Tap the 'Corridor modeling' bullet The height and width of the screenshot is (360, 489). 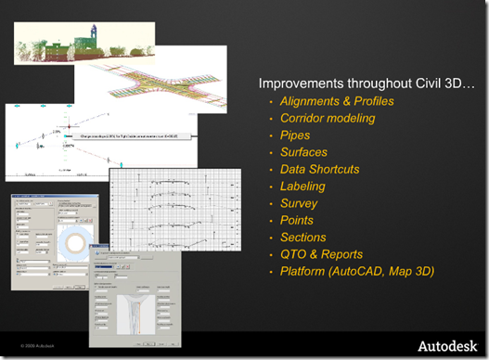(x=328, y=119)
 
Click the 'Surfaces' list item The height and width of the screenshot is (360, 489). (x=303, y=152)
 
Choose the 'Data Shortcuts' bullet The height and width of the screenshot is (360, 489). (x=319, y=170)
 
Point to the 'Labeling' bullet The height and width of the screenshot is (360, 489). (x=302, y=186)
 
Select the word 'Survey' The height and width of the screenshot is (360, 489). (x=299, y=203)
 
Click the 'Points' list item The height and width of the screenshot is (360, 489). (x=297, y=220)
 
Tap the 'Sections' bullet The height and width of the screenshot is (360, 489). (x=302, y=238)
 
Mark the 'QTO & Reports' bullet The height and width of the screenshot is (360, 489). (x=321, y=254)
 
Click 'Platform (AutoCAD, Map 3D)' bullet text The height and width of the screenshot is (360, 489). (x=357, y=271)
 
